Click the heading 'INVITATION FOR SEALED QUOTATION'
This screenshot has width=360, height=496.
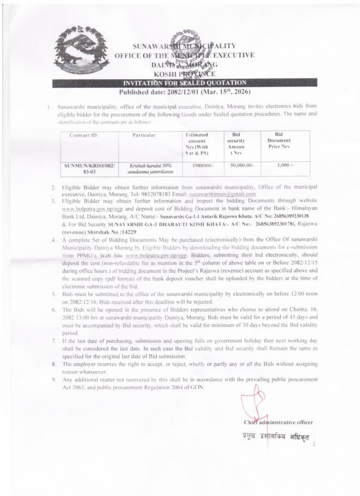click(x=179, y=82)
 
